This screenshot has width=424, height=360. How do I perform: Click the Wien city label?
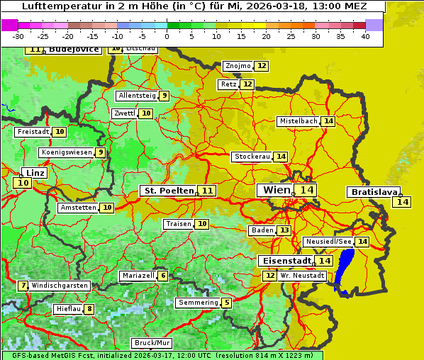276,190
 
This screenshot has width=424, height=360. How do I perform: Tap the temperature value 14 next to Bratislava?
402,202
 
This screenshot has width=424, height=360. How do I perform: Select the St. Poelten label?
169,191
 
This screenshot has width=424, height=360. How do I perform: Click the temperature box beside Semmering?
226,303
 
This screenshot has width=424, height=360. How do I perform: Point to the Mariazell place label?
138,276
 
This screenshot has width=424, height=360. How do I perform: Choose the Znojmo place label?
238,66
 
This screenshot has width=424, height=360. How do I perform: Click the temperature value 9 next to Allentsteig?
164,96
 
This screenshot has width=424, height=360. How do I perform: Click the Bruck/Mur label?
151,343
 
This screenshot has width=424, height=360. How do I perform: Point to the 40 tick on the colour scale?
364,36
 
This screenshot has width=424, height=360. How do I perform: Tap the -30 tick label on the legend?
18,36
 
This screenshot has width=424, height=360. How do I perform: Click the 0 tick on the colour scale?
167,36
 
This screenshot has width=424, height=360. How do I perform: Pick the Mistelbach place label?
298,121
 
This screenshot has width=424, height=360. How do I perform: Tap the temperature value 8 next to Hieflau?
89,309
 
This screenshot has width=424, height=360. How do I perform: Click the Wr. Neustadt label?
302,275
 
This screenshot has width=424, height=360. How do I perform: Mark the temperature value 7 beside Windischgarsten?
23,286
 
